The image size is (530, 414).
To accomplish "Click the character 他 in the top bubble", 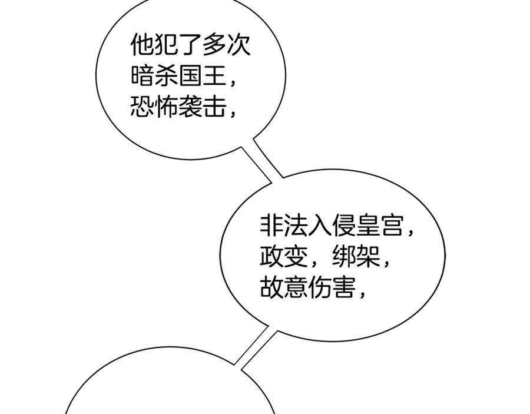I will click(143, 44).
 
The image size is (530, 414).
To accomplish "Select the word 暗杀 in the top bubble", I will click(155, 76).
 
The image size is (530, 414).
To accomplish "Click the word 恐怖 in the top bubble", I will click(155, 108).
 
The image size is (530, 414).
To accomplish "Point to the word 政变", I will click(284, 257).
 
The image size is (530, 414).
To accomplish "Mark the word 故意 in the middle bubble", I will click(284, 289).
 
